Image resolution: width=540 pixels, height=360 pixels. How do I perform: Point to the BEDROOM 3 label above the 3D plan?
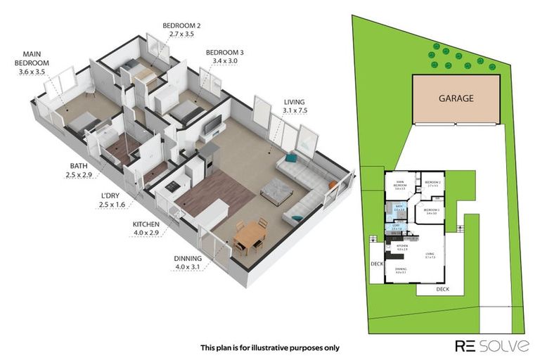point(224,52)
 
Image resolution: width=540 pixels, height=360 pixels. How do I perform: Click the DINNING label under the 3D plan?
point(188,258)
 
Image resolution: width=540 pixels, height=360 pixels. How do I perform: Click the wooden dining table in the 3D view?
point(250,236)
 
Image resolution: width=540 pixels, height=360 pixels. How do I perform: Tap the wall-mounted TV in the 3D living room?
point(212,125)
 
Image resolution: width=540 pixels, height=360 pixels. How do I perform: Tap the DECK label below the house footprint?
point(442,289)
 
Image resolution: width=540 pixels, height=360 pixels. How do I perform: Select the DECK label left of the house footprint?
point(376,264)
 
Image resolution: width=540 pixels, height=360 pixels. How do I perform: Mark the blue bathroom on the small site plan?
point(399,208)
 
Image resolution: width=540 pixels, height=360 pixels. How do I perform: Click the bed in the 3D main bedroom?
point(83,122)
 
